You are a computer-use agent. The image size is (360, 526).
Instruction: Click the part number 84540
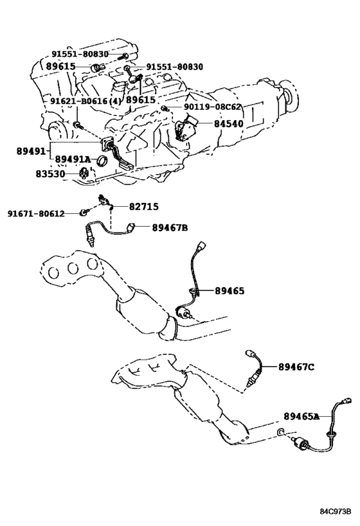pos(229,124)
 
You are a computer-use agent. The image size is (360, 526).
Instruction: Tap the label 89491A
pos(73,159)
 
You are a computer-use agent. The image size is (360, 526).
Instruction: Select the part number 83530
pos(50,174)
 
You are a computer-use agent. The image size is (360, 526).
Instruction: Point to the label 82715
pos(144,207)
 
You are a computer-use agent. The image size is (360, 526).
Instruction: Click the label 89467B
pos(170,228)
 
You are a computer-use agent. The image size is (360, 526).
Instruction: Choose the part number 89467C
pos(296,367)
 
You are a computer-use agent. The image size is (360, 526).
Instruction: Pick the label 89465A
pos(301,416)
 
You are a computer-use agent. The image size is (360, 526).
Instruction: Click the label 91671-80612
pos(36,214)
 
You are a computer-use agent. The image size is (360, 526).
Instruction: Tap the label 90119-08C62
pos(212,107)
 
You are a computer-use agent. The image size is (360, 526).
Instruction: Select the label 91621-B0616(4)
pos(85,101)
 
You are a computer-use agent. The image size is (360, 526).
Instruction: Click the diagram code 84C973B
pos(335,512)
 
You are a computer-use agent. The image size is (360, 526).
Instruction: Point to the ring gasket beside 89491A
pos(102,161)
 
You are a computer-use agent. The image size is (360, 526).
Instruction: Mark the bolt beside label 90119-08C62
pos(164,108)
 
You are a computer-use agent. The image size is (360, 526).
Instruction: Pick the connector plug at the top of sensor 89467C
pos(251,353)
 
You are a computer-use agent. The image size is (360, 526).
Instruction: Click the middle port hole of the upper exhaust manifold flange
pos(73,268)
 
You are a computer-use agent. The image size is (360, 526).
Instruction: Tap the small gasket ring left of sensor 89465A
pos(281,432)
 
